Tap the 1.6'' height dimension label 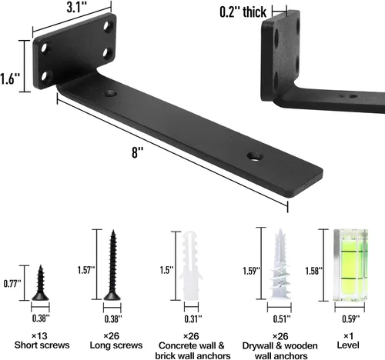click(x=10, y=78)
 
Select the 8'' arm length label click(x=137, y=152)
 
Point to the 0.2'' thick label click(x=243, y=12)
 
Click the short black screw click(x=40, y=283)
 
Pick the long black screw click(x=112, y=265)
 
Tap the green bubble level click(x=350, y=265)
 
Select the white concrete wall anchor click(x=191, y=265)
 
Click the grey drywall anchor click(x=280, y=264)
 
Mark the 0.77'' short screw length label click(x=12, y=284)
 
